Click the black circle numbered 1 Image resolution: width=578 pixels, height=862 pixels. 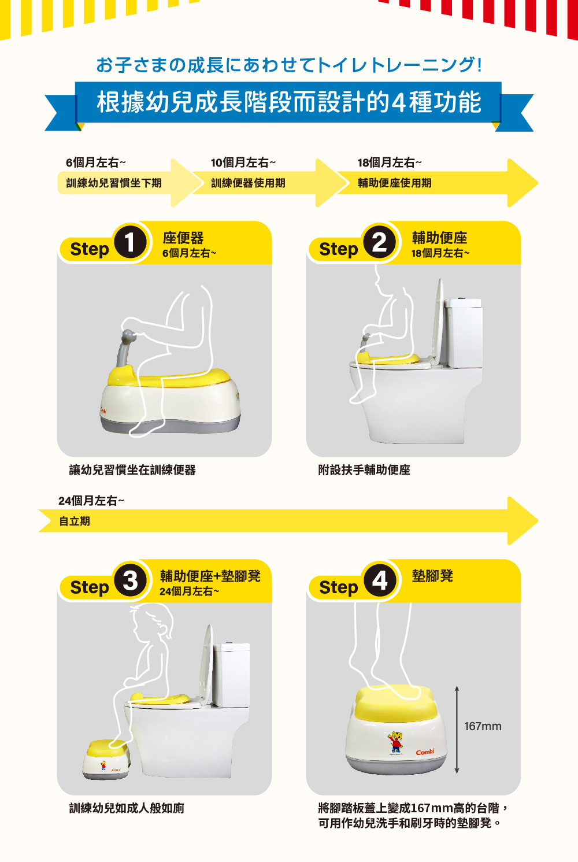130,242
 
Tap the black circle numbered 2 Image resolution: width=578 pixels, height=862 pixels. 379,242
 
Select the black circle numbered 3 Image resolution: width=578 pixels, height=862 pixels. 130,580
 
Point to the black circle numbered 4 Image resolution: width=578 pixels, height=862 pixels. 379,580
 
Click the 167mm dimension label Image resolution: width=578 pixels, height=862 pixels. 483,726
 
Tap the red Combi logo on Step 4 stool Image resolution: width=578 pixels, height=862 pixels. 425,752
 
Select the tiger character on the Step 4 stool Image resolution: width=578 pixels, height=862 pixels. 395,742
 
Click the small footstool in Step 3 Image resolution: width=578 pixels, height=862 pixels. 106,759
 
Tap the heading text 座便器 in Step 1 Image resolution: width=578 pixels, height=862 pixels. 183,238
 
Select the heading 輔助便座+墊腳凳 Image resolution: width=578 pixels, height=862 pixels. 210,576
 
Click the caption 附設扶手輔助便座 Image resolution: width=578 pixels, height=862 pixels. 364,470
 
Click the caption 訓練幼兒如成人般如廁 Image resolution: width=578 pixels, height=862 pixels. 127,808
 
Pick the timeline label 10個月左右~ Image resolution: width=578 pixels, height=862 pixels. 243,163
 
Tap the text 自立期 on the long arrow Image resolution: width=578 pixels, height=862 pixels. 75,521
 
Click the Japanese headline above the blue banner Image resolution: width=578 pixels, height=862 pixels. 289,65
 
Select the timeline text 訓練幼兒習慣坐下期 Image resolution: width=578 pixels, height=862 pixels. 114,183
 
